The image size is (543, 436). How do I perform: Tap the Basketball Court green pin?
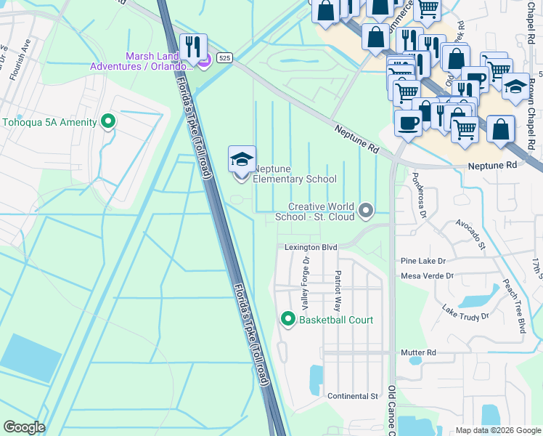click(x=287, y=320)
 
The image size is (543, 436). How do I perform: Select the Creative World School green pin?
click(x=367, y=211)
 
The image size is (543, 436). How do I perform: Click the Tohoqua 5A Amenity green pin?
click(x=109, y=121)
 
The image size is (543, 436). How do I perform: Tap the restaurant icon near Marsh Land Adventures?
click(x=193, y=47)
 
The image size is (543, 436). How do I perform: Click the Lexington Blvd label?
click(x=310, y=248)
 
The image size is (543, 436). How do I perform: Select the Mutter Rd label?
click(x=418, y=352)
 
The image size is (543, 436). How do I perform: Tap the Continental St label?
click(x=354, y=396)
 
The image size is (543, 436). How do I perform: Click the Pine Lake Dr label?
click(x=423, y=260)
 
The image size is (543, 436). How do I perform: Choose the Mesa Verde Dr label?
click(x=427, y=276)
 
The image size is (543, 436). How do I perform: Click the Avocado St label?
click(x=471, y=233)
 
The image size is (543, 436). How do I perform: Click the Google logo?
click(x=24, y=427)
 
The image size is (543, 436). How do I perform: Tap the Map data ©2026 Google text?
click(x=498, y=430)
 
